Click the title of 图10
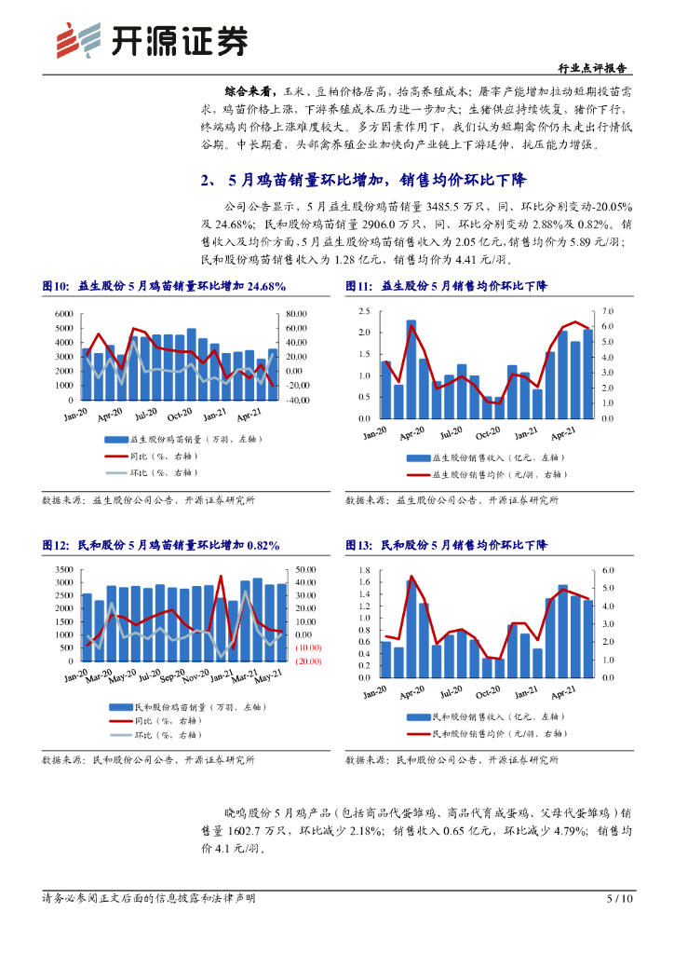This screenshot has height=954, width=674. point(164,286)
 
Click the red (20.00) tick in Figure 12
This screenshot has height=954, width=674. point(308,661)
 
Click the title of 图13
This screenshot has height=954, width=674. point(446,544)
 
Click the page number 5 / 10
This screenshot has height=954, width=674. point(619,899)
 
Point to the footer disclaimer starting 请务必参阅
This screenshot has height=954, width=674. point(148,899)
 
